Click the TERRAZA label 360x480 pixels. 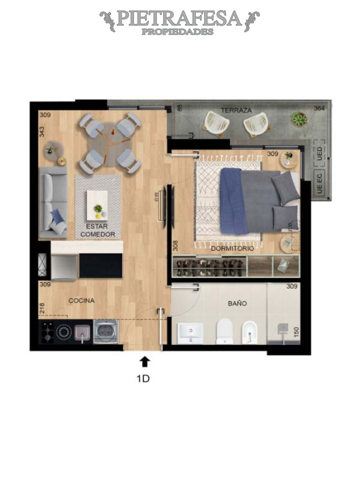tap(236, 110)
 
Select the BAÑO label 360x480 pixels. tap(237, 303)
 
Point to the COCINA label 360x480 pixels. tap(81, 301)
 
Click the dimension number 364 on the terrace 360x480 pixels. tap(319, 108)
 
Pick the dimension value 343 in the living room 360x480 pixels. tap(42, 131)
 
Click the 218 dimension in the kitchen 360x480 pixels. tap(42, 309)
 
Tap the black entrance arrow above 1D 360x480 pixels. tap(145, 362)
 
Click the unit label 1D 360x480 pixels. tap(143, 379)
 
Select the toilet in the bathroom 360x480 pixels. tap(225, 330)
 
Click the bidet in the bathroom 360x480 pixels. tap(250, 331)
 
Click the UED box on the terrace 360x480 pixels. tap(319, 154)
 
